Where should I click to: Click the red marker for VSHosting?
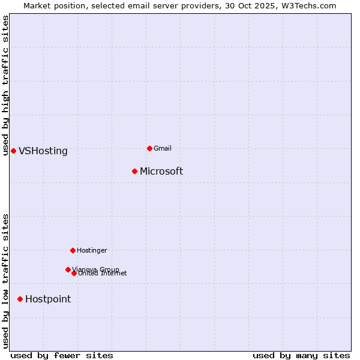pyautogui.click(x=13, y=151)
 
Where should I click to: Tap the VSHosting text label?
pyautogui.click(x=43, y=151)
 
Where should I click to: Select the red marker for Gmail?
pyautogui.click(x=149, y=148)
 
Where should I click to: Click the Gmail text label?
pyautogui.click(x=163, y=149)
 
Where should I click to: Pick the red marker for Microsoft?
pyautogui.click(x=135, y=171)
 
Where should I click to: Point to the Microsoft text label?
pyautogui.click(x=161, y=172)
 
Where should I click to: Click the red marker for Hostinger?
pyautogui.click(x=73, y=250)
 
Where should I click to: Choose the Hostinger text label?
pyautogui.click(x=92, y=251)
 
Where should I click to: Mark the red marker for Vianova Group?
pyautogui.click(x=68, y=269)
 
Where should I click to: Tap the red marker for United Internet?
pyautogui.click(x=74, y=273)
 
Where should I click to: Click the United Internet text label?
pyautogui.click(x=103, y=274)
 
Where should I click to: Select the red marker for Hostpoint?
pyautogui.click(x=20, y=299)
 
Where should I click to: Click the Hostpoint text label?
pyautogui.click(x=48, y=299)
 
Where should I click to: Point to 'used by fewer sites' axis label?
pyautogui.click(x=62, y=356)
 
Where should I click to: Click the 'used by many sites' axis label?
pyautogui.click(x=301, y=356)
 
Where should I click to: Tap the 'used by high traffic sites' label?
pyautogui.click(x=5, y=85)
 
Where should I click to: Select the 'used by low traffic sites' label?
pyautogui.click(x=5, y=281)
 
